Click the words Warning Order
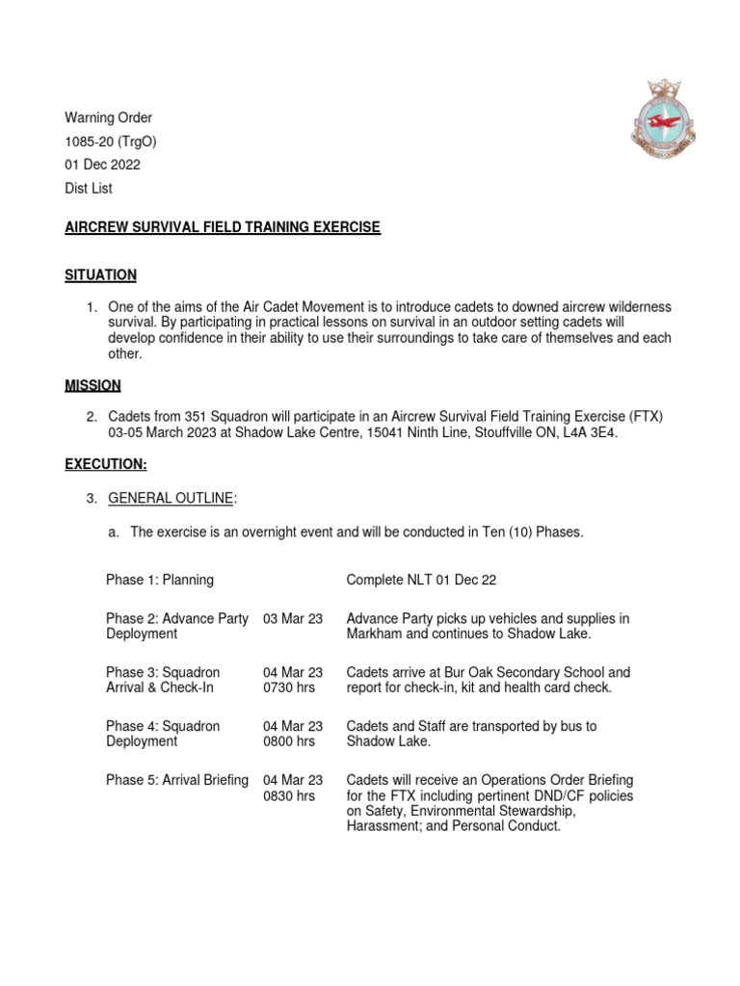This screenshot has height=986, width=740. pos(108,118)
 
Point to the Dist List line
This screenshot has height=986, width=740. pos(89,189)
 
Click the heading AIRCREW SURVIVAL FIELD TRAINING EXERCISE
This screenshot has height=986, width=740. pos(223,227)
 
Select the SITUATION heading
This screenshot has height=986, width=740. pos(100,275)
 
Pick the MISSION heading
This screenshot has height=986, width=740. pos(92,385)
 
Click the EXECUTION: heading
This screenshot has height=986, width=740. pos(106,464)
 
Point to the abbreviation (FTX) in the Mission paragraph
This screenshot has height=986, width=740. pos(647,416)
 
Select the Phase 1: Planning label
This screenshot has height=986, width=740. pos(160,581)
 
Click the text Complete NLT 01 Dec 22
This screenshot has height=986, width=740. pos(421,581)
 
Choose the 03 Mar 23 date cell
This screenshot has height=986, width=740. pos(293,618)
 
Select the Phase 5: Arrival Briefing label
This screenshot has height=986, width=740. pos(177,780)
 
